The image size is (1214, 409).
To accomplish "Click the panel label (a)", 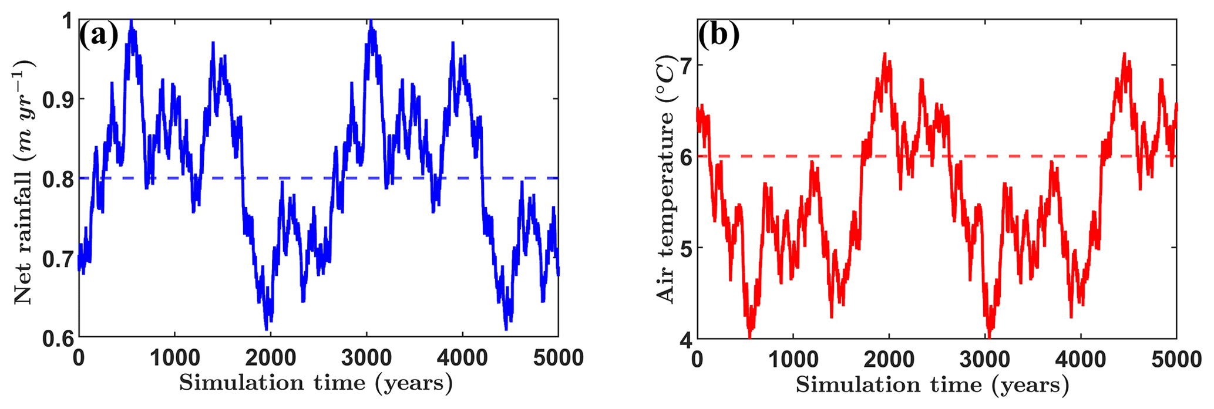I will pyautogui.click(x=99, y=36).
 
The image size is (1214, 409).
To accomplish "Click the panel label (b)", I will pyautogui.click(x=718, y=36).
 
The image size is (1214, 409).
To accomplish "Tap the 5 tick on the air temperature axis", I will pyautogui.click(x=682, y=248).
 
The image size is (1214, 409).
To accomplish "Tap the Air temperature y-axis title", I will pyautogui.click(x=666, y=179).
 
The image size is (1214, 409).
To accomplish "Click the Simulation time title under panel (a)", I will pyautogui.click(x=316, y=383).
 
